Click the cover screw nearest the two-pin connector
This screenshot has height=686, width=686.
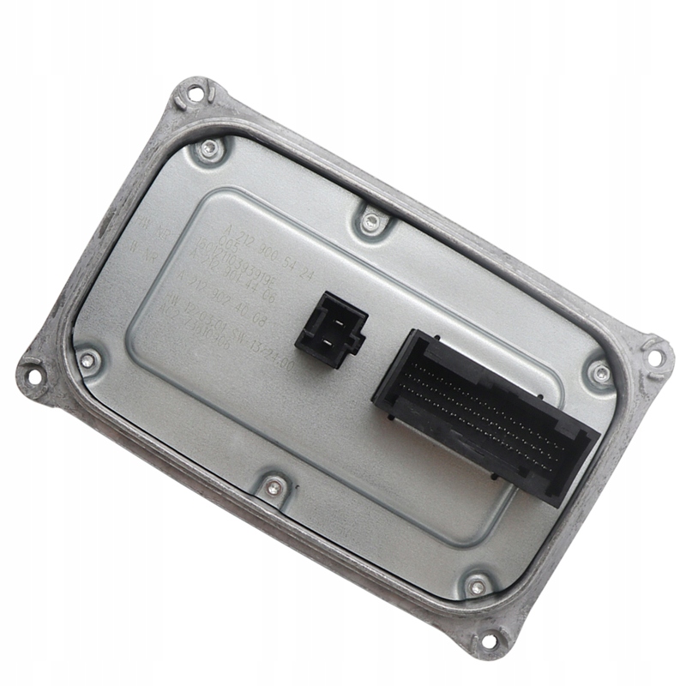click(x=370, y=222)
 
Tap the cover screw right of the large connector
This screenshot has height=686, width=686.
click(x=601, y=373)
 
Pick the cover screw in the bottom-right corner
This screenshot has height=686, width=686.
click(x=477, y=586)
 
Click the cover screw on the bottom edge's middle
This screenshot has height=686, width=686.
click(x=274, y=487)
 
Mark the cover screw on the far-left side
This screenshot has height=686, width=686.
click(x=87, y=360)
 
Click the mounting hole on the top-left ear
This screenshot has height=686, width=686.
click(x=192, y=94)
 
